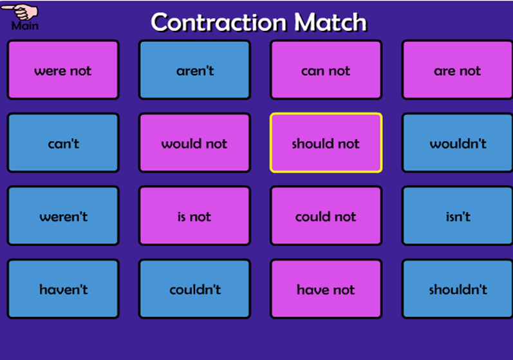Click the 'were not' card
(x=63, y=70)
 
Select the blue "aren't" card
(x=194, y=70)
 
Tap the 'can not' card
(x=326, y=70)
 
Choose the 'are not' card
(x=458, y=70)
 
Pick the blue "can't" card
(x=63, y=143)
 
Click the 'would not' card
(x=194, y=143)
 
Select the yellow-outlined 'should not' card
(x=326, y=143)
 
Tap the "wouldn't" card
(x=458, y=143)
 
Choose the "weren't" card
(x=63, y=216)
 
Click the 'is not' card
(x=194, y=216)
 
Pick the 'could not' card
(x=326, y=216)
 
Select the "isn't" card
(x=458, y=216)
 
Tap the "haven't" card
(x=63, y=289)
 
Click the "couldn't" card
(x=194, y=289)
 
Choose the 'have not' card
(x=326, y=289)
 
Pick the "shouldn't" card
(x=458, y=289)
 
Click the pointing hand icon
(x=21, y=12)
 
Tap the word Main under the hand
(x=25, y=26)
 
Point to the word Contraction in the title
(x=219, y=23)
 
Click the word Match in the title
(x=331, y=23)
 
